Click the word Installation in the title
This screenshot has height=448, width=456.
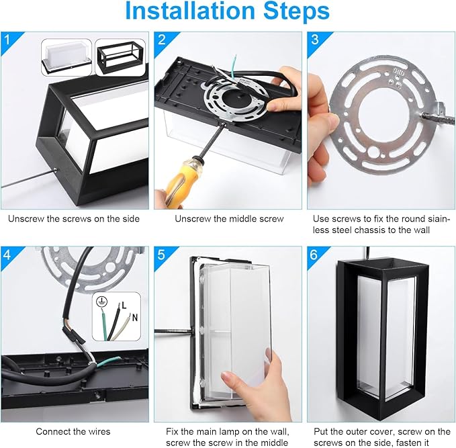tap(190, 11)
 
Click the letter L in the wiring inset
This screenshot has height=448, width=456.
tap(124, 305)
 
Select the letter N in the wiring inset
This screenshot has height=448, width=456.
tap(134, 318)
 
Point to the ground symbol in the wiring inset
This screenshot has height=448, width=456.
tap(102, 302)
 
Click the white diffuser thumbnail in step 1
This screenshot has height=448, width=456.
tap(66, 57)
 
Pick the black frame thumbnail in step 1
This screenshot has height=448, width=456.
tap(120, 58)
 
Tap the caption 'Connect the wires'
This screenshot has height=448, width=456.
tap(73, 431)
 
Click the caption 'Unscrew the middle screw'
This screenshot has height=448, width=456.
tap(229, 219)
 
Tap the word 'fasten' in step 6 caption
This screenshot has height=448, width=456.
tap(409, 443)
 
